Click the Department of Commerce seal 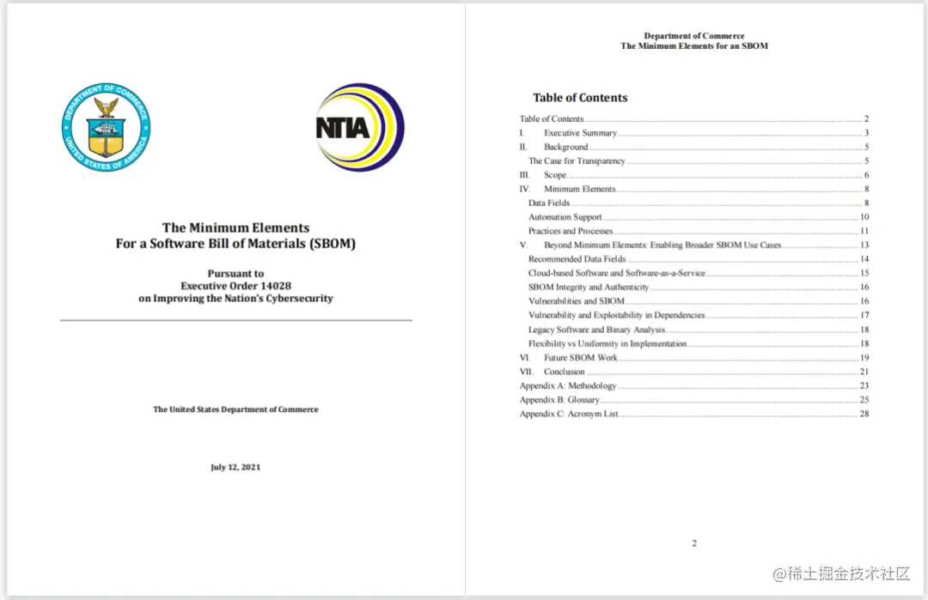point(106,127)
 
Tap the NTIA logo point(358,128)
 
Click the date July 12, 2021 point(235,467)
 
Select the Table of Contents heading point(580,98)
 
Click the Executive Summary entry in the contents point(580,133)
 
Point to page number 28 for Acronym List point(864,414)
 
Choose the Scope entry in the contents point(555,175)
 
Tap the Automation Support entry point(565,217)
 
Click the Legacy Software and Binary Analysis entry point(596,330)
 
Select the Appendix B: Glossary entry point(559,400)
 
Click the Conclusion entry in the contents point(564,372)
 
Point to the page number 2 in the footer point(694,542)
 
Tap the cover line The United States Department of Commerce point(235,409)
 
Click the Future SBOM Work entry point(580,358)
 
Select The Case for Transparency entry point(577,161)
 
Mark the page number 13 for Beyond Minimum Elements point(864,245)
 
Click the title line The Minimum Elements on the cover point(235,228)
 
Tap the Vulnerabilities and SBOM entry point(576,301)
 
